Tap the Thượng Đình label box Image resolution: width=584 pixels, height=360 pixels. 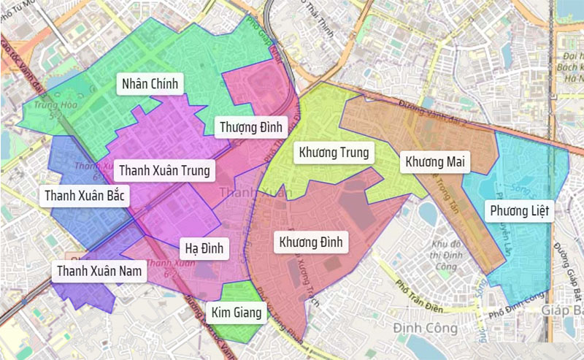tap(250, 128)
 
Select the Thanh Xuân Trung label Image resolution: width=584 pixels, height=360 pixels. tap(164, 170)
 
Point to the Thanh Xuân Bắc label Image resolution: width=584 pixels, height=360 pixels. tap(85, 196)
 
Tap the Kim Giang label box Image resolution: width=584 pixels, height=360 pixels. tap(236, 313)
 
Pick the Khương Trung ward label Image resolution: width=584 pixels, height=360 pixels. tap(334, 153)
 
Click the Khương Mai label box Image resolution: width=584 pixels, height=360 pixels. tap(437, 161)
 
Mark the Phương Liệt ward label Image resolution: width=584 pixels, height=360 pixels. tap(519, 212)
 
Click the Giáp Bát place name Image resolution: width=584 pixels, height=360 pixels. tap(564, 311)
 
